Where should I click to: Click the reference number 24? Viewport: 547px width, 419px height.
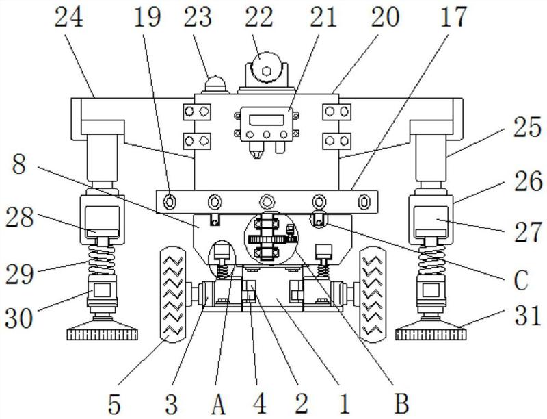[69, 18]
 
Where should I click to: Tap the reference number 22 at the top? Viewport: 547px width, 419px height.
[258, 18]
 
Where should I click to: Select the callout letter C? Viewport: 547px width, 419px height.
[521, 280]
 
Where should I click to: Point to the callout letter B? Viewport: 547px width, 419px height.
[401, 404]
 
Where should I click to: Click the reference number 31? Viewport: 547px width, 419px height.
[527, 316]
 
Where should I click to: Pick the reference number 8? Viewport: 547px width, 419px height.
[19, 164]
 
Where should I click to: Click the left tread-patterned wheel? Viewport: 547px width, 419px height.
[173, 294]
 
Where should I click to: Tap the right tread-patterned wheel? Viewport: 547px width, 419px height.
[373, 294]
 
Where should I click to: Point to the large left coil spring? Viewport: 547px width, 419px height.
[101, 259]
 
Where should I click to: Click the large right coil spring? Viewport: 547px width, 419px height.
[431, 259]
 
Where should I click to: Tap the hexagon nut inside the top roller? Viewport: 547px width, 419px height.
[267, 71]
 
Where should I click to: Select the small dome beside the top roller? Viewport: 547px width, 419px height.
[215, 84]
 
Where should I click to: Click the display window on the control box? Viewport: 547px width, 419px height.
[267, 120]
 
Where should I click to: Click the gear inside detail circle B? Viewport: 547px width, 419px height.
[268, 239]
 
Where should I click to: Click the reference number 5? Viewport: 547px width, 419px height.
[114, 404]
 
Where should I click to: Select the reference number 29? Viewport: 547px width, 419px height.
[19, 274]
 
